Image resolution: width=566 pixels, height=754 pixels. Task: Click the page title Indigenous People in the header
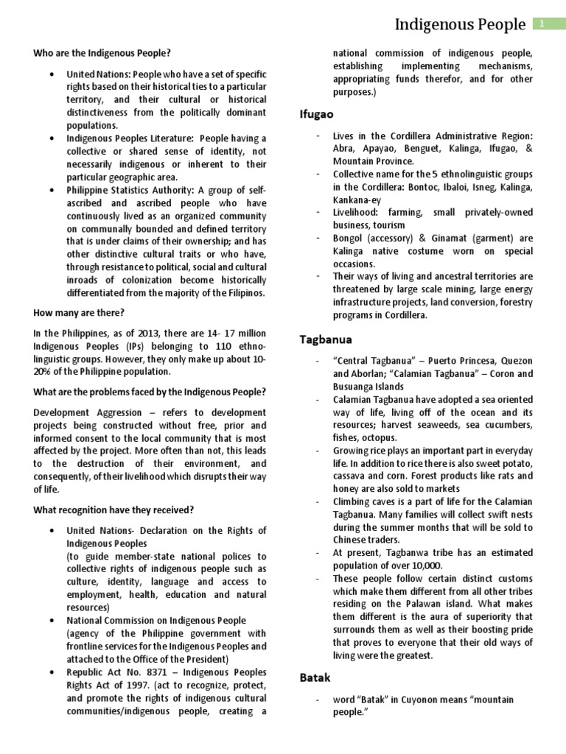coord(461,25)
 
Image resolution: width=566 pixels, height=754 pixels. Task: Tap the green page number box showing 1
coord(542,24)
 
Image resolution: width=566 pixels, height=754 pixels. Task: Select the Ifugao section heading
coord(316,114)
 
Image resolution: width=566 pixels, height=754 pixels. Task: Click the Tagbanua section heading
coord(326,339)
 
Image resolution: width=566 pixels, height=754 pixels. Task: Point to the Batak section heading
coord(315,676)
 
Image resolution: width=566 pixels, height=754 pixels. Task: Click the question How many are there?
coord(79,312)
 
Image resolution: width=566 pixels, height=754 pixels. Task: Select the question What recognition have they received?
coord(113,510)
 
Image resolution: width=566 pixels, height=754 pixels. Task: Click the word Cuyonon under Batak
coord(412,699)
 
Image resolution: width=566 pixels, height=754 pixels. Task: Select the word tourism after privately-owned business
coord(389,225)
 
